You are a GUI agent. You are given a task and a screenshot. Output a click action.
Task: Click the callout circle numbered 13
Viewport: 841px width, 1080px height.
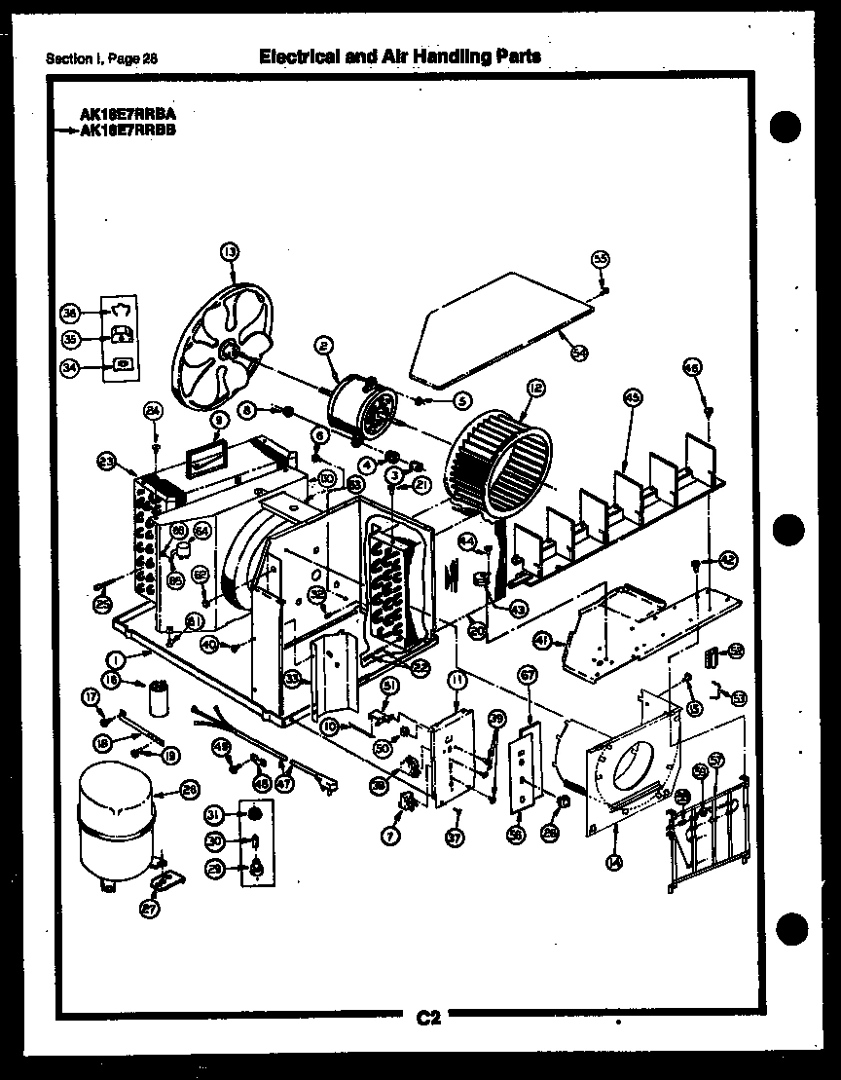(x=230, y=253)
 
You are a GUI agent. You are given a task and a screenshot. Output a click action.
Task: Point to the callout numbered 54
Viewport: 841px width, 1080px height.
(x=580, y=353)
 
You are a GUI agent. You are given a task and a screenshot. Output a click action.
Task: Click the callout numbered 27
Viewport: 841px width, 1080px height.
(x=149, y=910)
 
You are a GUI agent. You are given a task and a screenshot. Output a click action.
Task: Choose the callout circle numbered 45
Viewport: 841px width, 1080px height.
(x=632, y=397)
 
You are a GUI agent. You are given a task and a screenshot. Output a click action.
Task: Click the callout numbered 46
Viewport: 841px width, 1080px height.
(x=692, y=369)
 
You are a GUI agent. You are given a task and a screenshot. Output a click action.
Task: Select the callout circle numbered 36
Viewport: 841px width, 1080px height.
(x=70, y=314)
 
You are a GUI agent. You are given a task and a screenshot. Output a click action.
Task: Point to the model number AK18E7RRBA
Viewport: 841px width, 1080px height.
(x=128, y=114)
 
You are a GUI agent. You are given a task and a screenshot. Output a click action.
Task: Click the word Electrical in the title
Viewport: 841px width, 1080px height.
(x=293, y=56)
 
